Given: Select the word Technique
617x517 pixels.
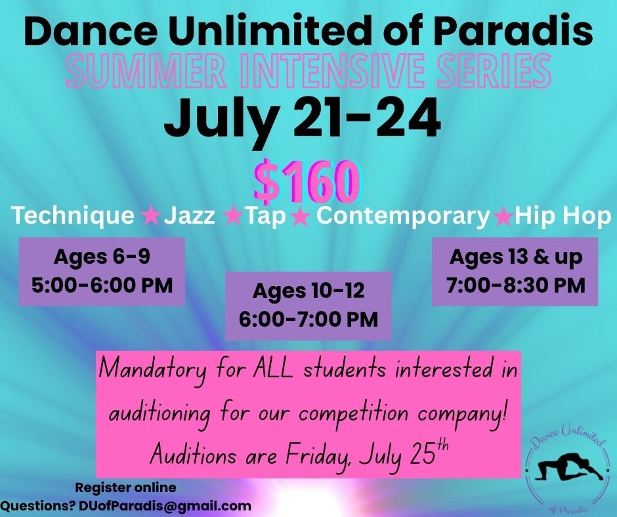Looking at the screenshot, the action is [x=73, y=216].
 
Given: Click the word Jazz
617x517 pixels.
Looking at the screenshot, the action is [x=190, y=215].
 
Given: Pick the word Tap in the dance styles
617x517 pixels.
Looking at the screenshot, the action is [x=266, y=216].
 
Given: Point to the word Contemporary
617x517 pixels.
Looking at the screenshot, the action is [x=403, y=216].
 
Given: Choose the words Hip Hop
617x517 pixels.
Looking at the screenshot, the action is [x=563, y=216].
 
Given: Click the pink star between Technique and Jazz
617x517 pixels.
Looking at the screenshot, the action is [x=150, y=216].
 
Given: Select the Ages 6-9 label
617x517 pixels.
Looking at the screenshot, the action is [x=102, y=257].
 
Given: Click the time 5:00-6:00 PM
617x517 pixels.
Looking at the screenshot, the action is [x=102, y=285].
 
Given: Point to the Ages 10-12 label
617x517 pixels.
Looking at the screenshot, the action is [x=308, y=291].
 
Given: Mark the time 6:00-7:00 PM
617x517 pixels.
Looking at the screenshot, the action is [x=308, y=319].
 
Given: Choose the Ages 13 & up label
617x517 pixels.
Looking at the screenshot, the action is [x=515, y=257].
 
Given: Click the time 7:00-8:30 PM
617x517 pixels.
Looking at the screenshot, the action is [x=515, y=285].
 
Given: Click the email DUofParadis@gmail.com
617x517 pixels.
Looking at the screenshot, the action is [x=165, y=506].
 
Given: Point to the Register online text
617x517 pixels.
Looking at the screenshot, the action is [x=125, y=487].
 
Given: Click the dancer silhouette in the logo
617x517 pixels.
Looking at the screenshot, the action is [x=566, y=467].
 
